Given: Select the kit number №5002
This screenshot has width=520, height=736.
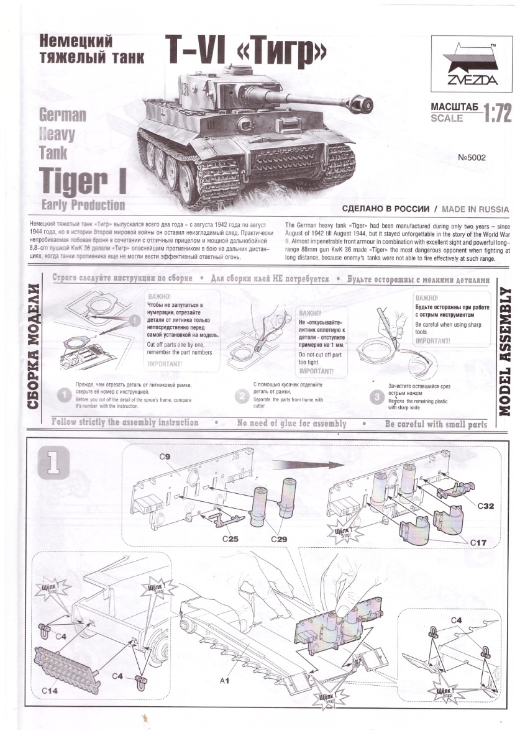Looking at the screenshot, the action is coord(472,158).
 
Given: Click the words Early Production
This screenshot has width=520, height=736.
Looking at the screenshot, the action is coord(82,205).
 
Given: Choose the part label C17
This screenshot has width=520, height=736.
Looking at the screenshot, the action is coord(477,542).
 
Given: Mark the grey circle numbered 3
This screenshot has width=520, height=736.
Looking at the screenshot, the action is coord(375,396).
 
